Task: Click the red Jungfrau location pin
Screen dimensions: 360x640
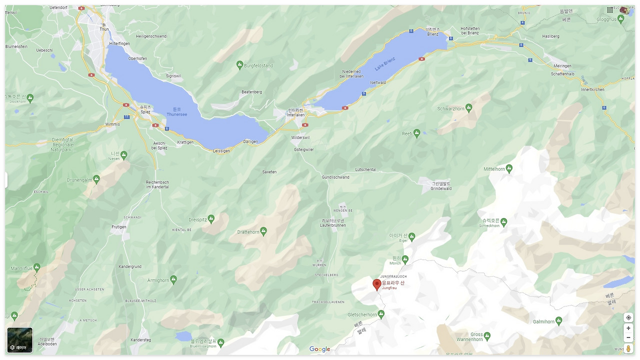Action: click(377, 284)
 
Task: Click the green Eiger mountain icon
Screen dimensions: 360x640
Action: click(411, 237)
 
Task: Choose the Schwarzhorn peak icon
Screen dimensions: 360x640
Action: click(468, 108)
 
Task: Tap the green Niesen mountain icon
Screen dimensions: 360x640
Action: click(124, 155)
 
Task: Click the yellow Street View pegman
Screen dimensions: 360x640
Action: click(628, 348)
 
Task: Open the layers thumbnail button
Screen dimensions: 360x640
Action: click(20, 340)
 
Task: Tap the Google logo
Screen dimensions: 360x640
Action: click(319, 349)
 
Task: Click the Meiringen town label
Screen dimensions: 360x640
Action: click(562, 66)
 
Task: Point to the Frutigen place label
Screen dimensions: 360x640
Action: click(119, 227)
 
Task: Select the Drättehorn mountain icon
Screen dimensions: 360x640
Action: click(263, 231)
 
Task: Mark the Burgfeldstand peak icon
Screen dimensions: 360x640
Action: click(239, 65)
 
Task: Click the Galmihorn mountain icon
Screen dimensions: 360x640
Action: click(558, 321)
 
